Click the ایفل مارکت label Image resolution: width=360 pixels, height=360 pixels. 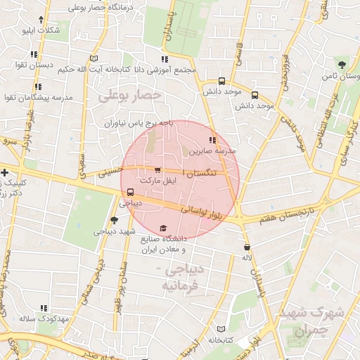pyautogui.click(x=157, y=181)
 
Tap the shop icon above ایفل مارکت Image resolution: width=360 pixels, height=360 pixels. pyautogui.click(x=157, y=170)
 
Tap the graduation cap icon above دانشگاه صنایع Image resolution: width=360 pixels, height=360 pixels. pyautogui.click(x=164, y=228)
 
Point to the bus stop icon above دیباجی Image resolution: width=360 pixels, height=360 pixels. pyautogui.click(x=130, y=192)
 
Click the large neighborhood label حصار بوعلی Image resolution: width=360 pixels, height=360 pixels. pyautogui.click(x=131, y=94)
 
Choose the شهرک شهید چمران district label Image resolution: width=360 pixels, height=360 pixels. pyautogui.click(x=312, y=320)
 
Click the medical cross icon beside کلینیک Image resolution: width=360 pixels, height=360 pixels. pyautogui.click(x=5, y=172)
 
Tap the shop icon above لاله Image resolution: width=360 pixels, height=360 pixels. pyautogui.click(x=247, y=247)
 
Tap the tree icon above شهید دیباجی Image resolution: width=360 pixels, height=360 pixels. pyautogui.click(x=115, y=220)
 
